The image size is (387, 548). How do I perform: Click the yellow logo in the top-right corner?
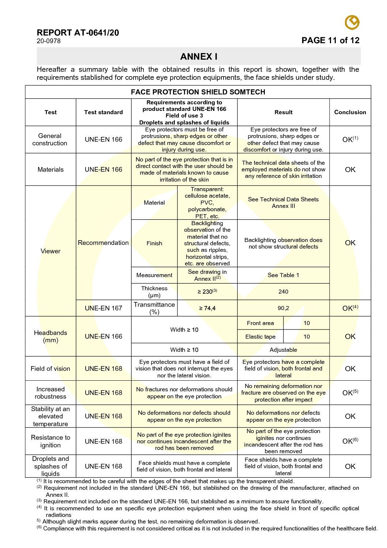tap(352, 22)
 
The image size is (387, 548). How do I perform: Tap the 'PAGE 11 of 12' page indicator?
tap(330, 41)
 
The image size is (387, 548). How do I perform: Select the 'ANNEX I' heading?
tap(199, 57)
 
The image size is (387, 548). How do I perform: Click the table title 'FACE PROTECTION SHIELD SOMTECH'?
tap(198, 92)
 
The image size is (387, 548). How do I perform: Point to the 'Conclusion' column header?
tap(350, 112)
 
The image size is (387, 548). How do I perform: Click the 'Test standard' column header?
tap(104, 112)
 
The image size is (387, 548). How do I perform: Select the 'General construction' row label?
tap(50, 139)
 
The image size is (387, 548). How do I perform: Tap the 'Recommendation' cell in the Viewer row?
tap(103, 243)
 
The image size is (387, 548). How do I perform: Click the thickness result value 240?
tap(283, 292)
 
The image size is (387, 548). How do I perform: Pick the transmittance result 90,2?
tap(283, 308)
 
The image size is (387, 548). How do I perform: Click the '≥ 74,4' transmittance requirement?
tap(207, 308)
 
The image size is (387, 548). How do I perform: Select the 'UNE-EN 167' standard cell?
tap(104, 308)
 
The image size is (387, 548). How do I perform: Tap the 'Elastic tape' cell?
tap(260, 337)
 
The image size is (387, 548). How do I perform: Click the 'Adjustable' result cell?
tap(283, 350)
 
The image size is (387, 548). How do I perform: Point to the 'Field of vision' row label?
tap(50, 369)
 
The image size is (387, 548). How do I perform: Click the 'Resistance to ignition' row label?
tap(50, 441)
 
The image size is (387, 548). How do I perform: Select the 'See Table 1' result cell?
tap(283, 275)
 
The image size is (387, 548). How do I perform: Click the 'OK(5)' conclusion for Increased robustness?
tap(350, 393)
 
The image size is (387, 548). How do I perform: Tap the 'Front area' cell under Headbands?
tap(260, 323)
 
